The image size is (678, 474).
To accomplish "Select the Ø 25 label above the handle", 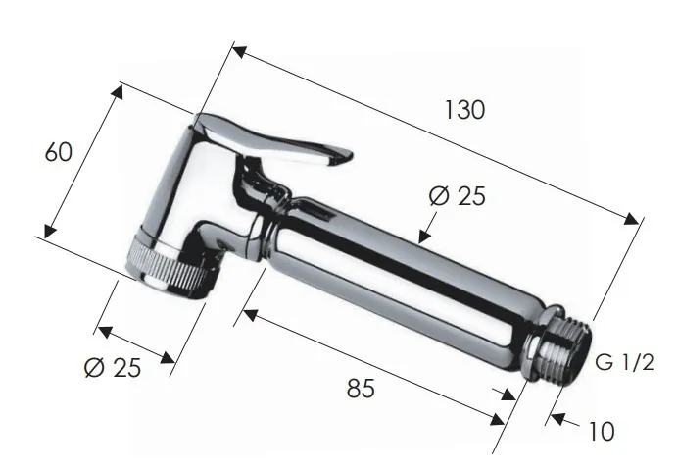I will coord(457,196).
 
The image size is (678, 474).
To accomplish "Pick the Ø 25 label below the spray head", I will coord(113,368).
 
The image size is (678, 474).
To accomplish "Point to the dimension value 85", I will coord(362,389).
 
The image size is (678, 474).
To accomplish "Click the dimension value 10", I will coord(602,430).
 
